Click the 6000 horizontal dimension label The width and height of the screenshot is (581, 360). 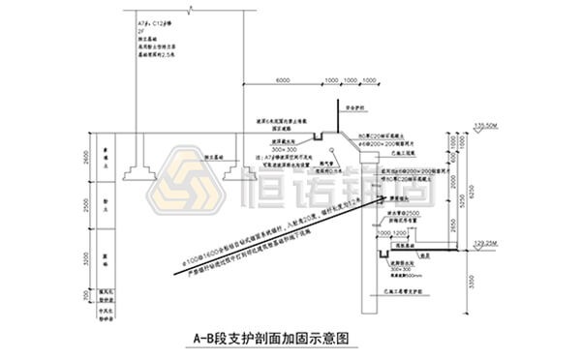click(284, 79)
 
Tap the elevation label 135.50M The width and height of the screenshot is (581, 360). click(487, 126)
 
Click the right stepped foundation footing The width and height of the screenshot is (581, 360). click(238, 172)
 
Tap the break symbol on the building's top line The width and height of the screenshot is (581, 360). click(189, 10)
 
